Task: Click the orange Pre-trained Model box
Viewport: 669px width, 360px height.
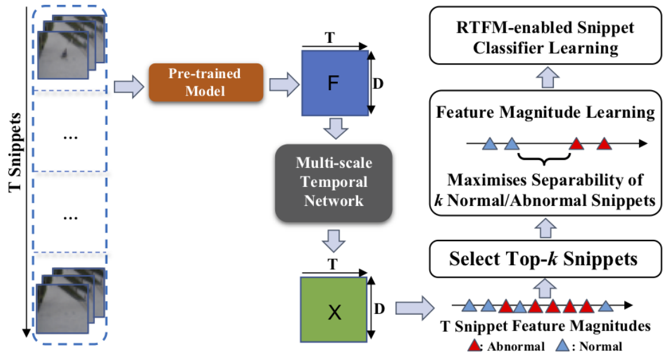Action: [x=204, y=84]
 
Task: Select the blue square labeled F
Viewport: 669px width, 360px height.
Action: [x=335, y=83]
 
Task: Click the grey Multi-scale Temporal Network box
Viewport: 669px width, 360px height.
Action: [x=333, y=183]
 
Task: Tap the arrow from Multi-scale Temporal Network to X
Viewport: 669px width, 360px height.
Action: [x=334, y=241]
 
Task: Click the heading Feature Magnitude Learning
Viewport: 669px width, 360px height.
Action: [x=544, y=112]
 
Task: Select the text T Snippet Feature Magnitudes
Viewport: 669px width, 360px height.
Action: [x=544, y=327]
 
